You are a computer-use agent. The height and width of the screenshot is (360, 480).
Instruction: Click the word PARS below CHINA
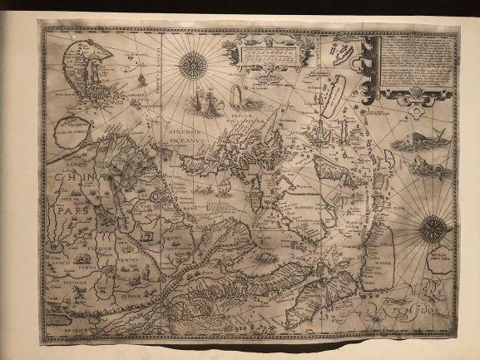tap(83, 210)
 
